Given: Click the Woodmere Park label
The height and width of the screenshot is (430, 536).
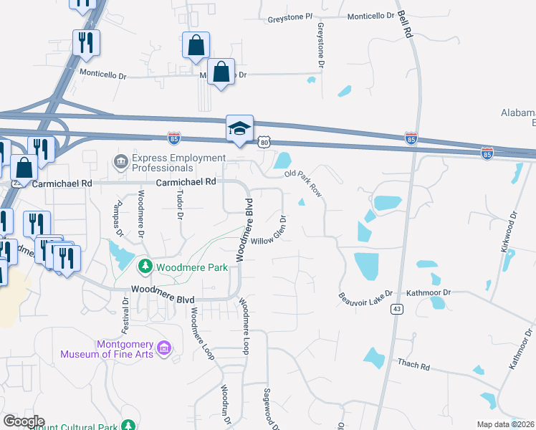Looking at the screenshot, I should pyautogui.click(x=191, y=267).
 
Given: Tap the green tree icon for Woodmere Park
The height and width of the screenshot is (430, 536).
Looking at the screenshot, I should pyautogui.click(x=145, y=267).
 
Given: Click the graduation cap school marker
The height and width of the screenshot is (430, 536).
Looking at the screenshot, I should pyautogui.click(x=239, y=129).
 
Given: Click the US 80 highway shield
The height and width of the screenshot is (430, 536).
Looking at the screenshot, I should pyautogui.click(x=264, y=143).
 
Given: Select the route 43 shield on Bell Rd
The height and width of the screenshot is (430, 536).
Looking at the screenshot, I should pyautogui.click(x=396, y=309).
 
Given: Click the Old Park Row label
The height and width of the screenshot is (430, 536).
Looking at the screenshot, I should pyautogui.click(x=304, y=183).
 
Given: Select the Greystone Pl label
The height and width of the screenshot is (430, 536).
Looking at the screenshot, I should pyautogui.click(x=289, y=16).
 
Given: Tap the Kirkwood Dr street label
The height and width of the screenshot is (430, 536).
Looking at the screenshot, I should pyautogui.click(x=508, y=230).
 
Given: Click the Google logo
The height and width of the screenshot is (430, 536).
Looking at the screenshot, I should pyautogui.click(x=23, y=421).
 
